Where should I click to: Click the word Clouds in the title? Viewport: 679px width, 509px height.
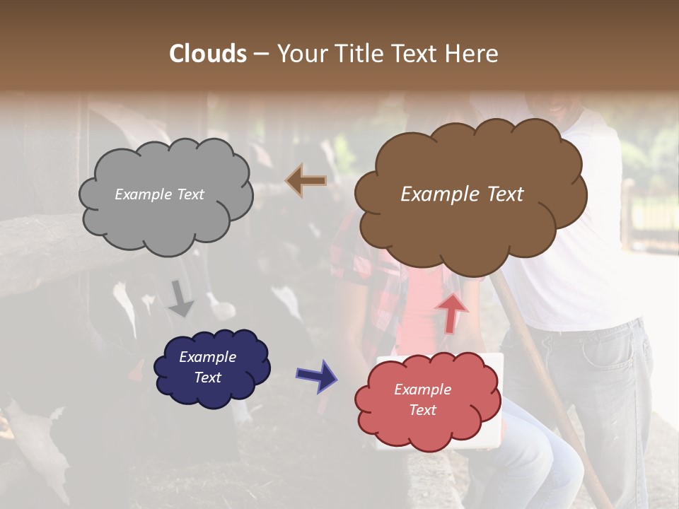[208, 54]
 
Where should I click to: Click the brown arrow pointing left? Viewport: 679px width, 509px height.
[306, 181]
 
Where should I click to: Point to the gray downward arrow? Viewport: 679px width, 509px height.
[181, 298]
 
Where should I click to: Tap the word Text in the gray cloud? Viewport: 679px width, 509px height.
[190, 194]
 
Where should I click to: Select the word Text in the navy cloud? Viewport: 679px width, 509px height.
[208, 378]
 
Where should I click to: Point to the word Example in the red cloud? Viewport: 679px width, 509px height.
[422, 390]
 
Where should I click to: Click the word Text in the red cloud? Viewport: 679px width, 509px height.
[422, 410]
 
